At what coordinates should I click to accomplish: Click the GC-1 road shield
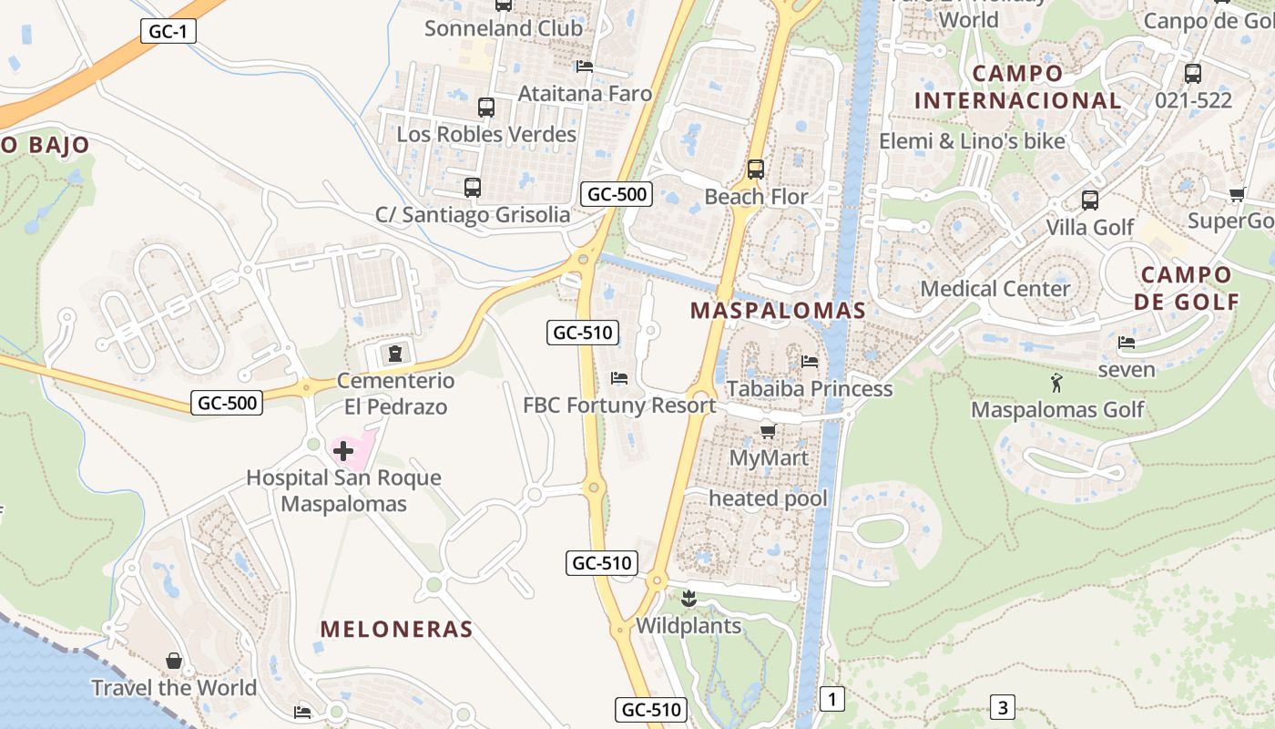pos(169,31)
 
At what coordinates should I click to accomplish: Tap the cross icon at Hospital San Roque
pos(343,450)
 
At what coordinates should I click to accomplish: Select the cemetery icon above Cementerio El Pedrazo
pos(394,353)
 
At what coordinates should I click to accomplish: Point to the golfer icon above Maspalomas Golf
pos(1056,383)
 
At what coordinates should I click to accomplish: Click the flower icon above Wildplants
pos(688,599)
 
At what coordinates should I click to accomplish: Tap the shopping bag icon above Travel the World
pos(174,660)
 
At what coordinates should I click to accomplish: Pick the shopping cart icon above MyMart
pos(768,430)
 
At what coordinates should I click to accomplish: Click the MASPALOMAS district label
pos(778,310)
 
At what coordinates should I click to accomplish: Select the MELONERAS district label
pos(396,629)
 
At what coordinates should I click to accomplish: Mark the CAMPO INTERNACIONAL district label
pos(1017,87)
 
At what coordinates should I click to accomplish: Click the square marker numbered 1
pos(831,699)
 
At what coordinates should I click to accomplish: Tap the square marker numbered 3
pos(1002,707)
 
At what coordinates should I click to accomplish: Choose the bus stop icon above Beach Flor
pos(755,169)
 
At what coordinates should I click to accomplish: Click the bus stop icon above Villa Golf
pos(1089,200)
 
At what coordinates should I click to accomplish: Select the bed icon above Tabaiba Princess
pos(809,362)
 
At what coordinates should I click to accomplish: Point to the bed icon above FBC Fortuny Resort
pos(619,377)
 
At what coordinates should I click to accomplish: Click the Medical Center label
pos(995,289)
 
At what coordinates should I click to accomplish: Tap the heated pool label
pos(768,498)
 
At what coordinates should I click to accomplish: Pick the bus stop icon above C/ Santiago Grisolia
pos(472,188)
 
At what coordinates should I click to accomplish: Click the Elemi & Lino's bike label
pos(972,141)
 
